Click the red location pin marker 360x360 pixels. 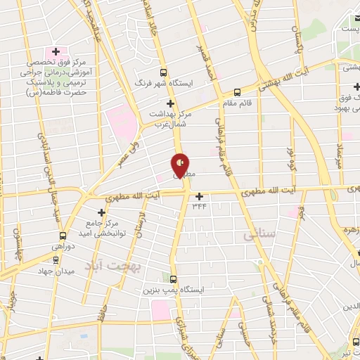(x=180, y=165)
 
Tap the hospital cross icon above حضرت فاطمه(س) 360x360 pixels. (x=56, y=52)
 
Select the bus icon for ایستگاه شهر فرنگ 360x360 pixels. (x=164, y=72)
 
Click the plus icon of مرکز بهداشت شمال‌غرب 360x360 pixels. (x=169, y=104)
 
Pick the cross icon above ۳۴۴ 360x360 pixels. (x=200, y=196)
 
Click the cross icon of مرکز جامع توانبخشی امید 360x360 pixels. (x=98, y=211)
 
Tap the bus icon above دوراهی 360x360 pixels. (x=63, y=236)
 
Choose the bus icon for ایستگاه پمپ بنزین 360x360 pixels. (x=174, y=278)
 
